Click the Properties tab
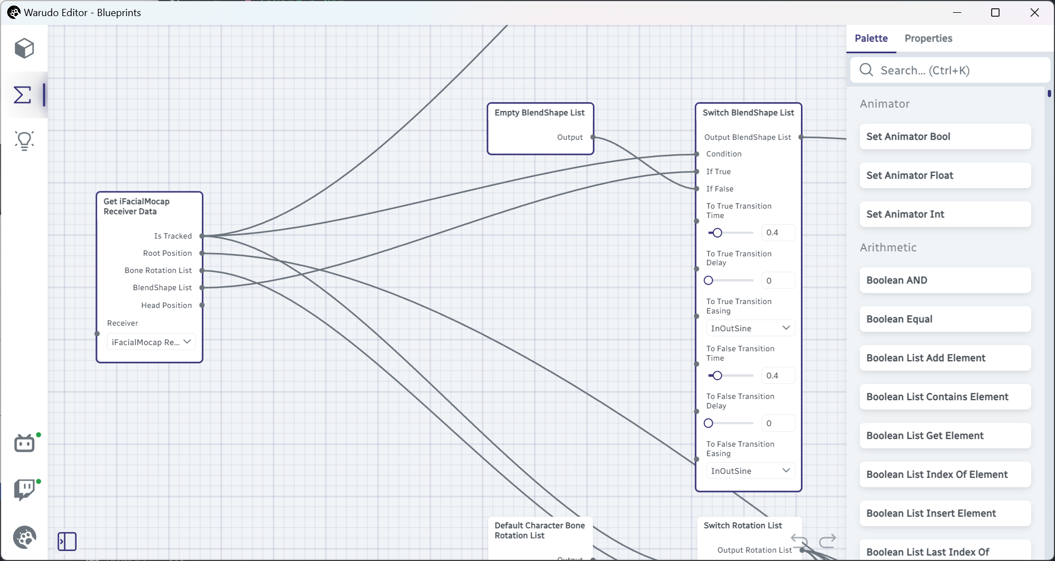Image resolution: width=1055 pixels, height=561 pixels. tap(928, 38)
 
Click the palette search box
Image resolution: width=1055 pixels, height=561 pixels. tap(950, 70)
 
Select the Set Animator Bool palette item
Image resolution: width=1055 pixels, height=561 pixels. tap(945, 137)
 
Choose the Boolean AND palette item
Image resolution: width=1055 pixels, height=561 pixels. tap(945, 280)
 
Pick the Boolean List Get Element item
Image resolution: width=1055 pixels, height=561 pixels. tap(945, 436)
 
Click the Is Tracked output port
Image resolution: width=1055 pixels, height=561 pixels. tap(202, 236)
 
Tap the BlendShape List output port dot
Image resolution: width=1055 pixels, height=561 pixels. tap(202, 287)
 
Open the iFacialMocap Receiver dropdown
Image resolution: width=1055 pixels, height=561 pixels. tap(151, 342)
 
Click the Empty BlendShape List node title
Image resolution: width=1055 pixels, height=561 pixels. tap(539, 113)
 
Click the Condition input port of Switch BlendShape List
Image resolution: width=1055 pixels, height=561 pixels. tap(696, 154)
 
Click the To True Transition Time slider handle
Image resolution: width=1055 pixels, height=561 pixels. tap(717, 233)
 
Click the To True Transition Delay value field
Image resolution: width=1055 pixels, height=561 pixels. tap(778, 280)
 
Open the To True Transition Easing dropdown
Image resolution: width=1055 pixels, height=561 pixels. tap(750, 328)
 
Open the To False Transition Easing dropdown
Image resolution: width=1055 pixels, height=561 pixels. tap(750, 471)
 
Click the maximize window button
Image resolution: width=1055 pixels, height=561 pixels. tap(995, 12)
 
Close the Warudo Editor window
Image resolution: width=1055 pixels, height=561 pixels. tap(1034, 12)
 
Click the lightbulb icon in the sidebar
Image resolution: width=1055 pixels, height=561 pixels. tap(24, 141)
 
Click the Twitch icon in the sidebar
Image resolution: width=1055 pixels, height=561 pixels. tap(24, 490)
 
